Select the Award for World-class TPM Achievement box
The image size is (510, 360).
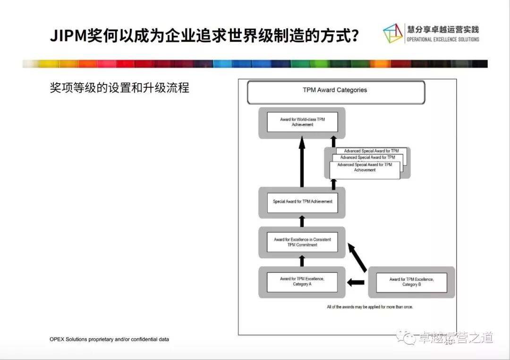[x=302, y=122]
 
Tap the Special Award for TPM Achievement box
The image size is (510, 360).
[x=302, y=202]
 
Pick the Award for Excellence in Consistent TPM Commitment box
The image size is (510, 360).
[x=302, y=242]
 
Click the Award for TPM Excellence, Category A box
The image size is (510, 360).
[x=302, y=282]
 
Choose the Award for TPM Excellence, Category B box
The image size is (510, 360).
[x=411, y=282]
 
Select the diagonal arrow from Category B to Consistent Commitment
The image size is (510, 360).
[x=357, y=257]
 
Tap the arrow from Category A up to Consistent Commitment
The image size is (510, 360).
[x=302, y=261]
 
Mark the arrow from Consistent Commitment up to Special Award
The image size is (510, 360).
[x=302, y=221]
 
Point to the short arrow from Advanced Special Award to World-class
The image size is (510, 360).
[x=333, y=142]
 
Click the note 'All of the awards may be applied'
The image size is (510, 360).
[x=369, y=307]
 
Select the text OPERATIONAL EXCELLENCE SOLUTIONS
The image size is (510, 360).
[x=442, y=40]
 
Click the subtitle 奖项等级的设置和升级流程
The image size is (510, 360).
[x=119, y=88]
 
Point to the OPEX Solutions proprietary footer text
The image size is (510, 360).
[x=109, y=339]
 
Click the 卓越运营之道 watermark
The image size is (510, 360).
[x=456, y=338]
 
